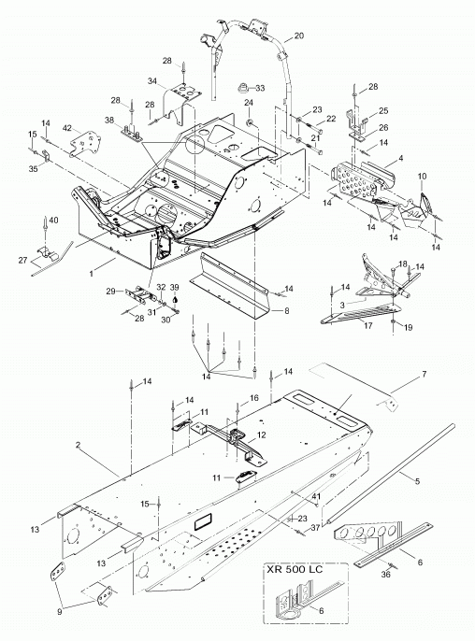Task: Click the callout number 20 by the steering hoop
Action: click(299, 36)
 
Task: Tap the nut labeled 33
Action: click(244, 87)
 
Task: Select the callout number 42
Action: click(67, 128)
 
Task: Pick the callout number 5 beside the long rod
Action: click(417, 481)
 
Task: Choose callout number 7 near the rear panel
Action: click(425, 374)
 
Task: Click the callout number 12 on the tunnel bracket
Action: click(261, 435)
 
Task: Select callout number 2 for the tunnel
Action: click(78, 445)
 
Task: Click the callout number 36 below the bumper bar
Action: click(386, 575)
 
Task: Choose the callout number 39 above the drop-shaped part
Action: click(175, 288)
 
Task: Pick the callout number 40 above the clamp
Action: click(53, 221)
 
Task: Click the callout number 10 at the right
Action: click(423, 177)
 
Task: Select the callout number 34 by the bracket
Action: click(152, 81)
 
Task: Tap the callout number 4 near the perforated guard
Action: click(400, 158)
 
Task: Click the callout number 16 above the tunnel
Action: click(254, 398)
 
